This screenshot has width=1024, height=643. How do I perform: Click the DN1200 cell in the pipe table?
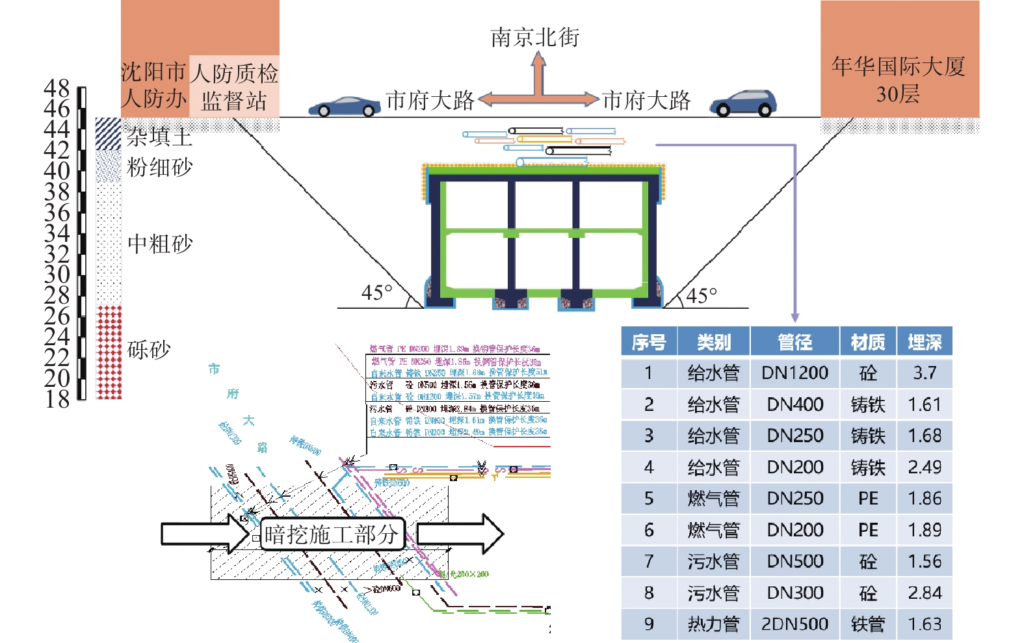[x=794, y=373]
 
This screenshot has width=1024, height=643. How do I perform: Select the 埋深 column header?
[x=925, y=342]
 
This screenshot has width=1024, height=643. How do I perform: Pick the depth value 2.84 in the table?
[x=925, y=592]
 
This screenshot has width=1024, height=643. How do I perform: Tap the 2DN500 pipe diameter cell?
[x=794, y=624]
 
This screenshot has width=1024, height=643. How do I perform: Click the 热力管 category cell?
[x=713, y=624]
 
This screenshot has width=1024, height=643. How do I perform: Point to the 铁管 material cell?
[x=868, y=624]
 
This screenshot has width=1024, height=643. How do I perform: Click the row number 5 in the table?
[x=648, y=498]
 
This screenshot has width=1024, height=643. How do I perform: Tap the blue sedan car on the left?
[x=344, y=107]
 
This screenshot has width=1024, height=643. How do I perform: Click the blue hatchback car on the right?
[x=743, y=103]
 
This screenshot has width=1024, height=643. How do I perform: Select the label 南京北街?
[x=534, y=38]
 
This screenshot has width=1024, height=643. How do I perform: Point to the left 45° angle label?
[x=377, y=293]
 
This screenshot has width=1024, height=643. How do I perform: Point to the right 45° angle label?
[x=702, y=296]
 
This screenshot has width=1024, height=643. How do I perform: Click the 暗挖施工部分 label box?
[x=332, y=534]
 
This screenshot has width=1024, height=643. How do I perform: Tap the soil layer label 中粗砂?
[x=160, y=244]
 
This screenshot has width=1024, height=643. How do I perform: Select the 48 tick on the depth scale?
[x=57, y=88]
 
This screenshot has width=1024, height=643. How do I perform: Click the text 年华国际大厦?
[x=898, y=66]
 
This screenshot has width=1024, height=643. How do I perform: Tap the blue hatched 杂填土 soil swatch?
[x=108, y=134]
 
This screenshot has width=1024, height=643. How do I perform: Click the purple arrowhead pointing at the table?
[x=794, y=317]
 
